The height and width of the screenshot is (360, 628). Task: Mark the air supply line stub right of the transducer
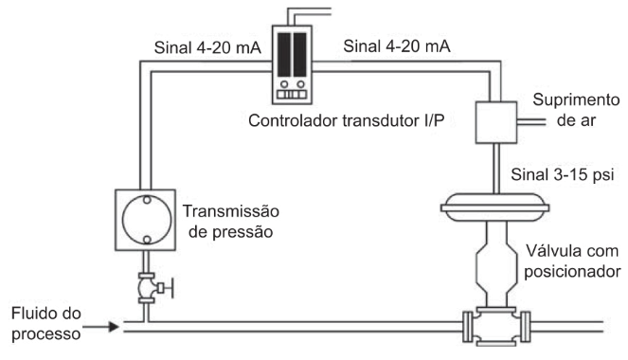pos(527,121)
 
